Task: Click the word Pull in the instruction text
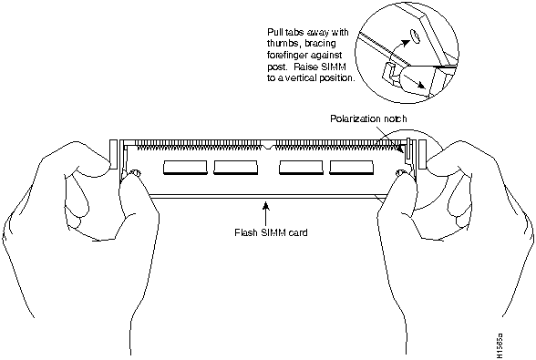(x=273, y=33)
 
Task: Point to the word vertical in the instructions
(x=297, y=77)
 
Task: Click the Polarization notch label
(x=368, y=118)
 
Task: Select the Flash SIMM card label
(x=271, y=232)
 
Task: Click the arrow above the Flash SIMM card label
(x=265, y=212)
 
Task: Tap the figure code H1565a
(x=500, y=345)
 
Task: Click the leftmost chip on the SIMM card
(x=185, y=168)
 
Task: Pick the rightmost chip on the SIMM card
(x=352, y=168)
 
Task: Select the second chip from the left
(x=236, y=168)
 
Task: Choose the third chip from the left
(x=301, y=168)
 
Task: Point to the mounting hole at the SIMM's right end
(x=399, y=173)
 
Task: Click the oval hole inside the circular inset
(x=415, y=36)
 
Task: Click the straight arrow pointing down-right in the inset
(x=413, y=79)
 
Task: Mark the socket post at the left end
(x=113, y=154)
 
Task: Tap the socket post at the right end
(x=423, y=154)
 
